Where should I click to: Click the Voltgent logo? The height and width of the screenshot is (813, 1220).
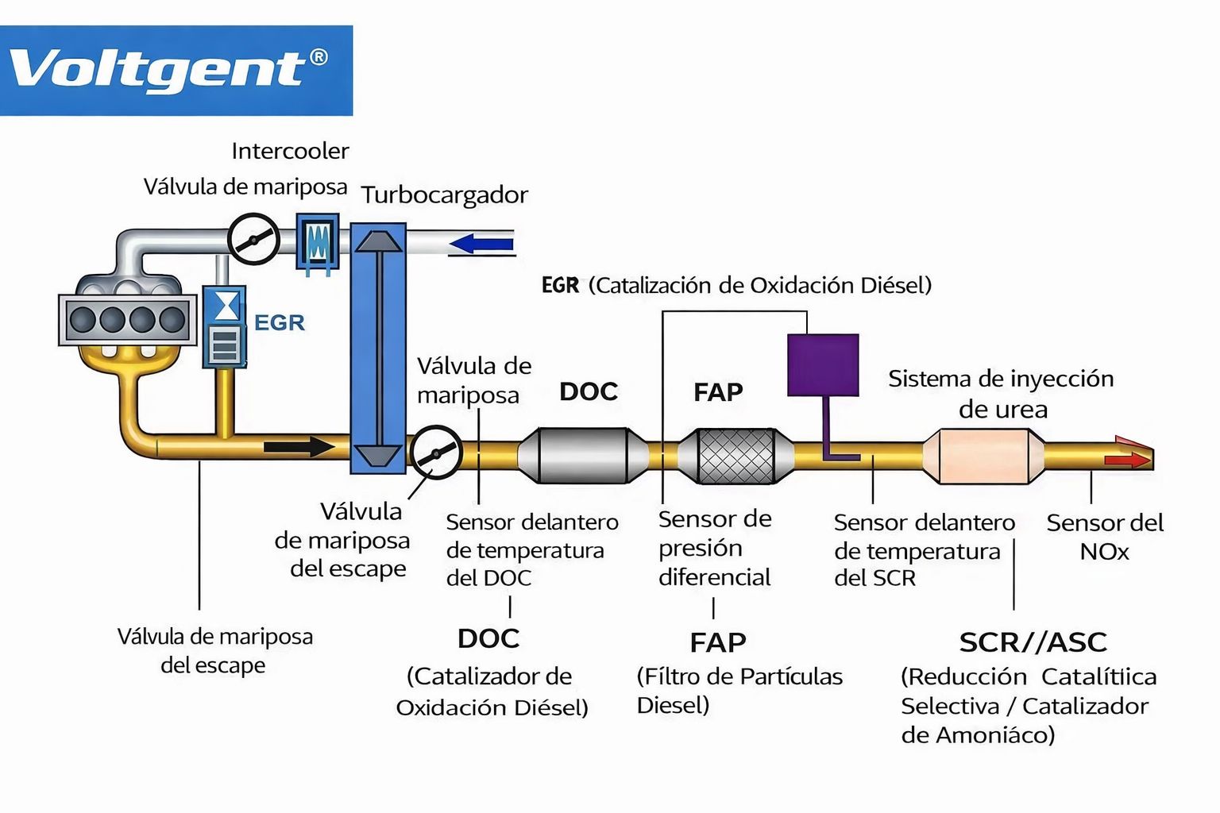[x=176, y=70]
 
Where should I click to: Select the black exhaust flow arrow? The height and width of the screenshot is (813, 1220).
[x=299, y=447]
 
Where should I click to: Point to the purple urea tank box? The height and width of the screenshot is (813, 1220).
[x=823, y=364]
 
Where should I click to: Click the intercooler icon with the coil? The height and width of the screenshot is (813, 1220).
[x=318, y=239]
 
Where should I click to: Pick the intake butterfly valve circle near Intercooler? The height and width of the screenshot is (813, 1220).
[x=254, y=238]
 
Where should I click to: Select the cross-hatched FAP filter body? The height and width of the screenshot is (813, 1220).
[x=735, y=456]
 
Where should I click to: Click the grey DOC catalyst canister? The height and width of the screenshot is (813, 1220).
[x=584, y=456]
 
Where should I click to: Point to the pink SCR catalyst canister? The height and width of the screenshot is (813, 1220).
[x=983, y=457]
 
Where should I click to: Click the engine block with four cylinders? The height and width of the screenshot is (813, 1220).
[x=127, y=319]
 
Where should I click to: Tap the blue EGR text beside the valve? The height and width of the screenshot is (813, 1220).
[x=280, y=322]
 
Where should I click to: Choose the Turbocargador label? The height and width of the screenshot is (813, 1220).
[x=445, y=195]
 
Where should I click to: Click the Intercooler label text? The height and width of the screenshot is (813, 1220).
[x=290, y=151]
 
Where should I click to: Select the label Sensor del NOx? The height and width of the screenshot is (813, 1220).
[x=1104, y=537]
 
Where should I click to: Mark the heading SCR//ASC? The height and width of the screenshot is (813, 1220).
[x=1033, y=642]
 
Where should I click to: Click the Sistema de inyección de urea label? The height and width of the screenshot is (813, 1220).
[x=1001, y=394]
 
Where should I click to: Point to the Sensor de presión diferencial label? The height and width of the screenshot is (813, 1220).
[x=715, y=548]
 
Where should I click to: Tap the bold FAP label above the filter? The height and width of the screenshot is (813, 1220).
[x=718, y=391]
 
